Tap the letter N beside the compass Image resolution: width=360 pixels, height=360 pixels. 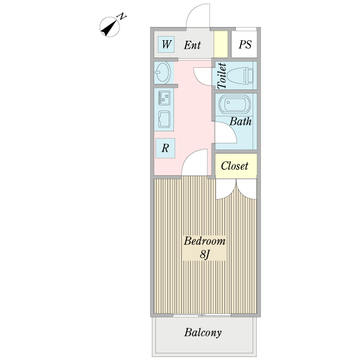122,17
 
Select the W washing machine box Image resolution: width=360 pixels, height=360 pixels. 166,44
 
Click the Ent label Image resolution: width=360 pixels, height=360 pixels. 192,45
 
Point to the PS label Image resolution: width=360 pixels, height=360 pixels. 245,44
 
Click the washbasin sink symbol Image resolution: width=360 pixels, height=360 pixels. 163,73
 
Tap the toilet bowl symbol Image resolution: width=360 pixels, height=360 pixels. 241,76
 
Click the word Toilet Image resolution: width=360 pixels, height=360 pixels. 221,76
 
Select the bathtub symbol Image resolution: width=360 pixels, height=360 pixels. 234,104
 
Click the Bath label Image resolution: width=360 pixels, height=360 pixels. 241,121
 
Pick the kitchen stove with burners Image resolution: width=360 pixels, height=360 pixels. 164,98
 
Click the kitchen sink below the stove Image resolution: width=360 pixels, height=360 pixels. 164,119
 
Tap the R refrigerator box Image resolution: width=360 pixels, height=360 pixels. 166,148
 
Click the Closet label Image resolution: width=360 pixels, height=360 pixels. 235,166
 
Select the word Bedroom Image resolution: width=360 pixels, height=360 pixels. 205,241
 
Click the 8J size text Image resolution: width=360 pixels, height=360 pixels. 205,254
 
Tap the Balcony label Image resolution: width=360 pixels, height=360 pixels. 203,332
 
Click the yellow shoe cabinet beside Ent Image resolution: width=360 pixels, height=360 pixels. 221,44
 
